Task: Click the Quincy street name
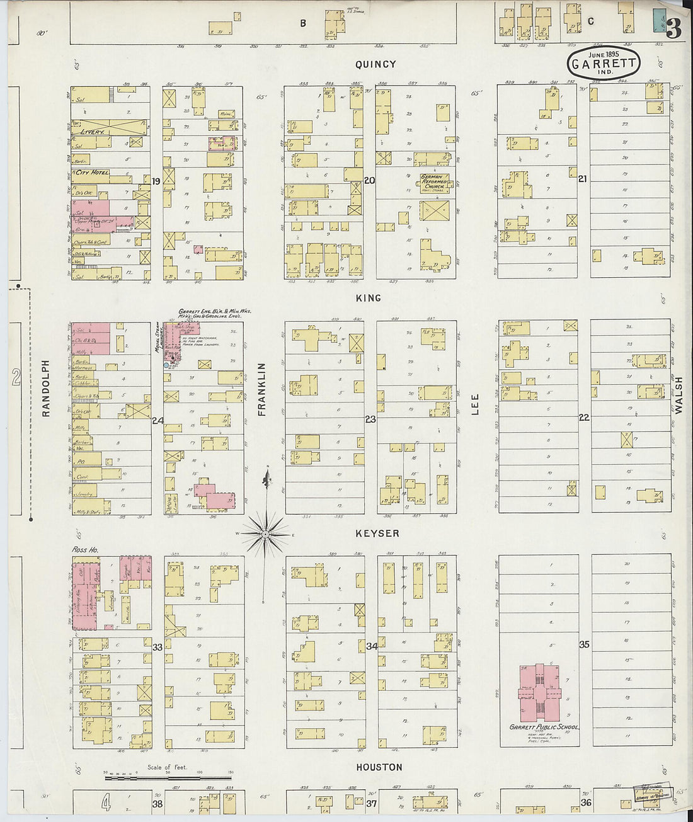click(x=375, y=64)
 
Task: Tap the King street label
click(x=369, y=298)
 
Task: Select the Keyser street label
click(x=377, y=534)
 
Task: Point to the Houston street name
click(x=379, y=767)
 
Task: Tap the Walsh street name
click(x=679, y=395)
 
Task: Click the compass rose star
click(x=266, y=534)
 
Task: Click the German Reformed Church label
click(x=435, y=183)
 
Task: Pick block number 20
click(x=370, y=181)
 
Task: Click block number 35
click(x=584, y=644)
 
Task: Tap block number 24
click(x=157, y=420)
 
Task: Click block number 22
click(x=584, y=418)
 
